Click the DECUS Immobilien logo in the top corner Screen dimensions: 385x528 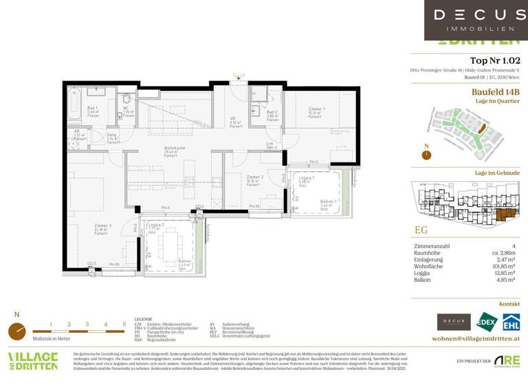476,20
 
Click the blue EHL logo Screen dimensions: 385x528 511,322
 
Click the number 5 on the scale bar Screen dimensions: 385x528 124,323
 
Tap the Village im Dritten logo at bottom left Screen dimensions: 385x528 33,362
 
